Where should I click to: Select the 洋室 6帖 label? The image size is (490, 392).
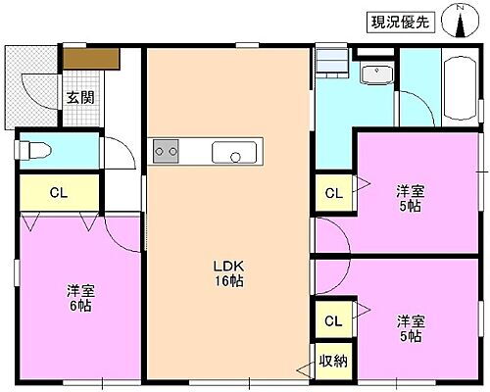click(x=80, y=298)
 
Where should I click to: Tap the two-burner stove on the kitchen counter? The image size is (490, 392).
click(x=166, y=151)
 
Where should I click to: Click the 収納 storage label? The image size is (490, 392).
click(x=332, y=361)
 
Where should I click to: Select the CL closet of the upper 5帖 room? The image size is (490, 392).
click(x=333, y=193)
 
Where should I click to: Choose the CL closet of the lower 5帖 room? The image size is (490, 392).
click(x=333, y=320)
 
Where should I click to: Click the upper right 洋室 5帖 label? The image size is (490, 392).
click(x=410, y=197)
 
